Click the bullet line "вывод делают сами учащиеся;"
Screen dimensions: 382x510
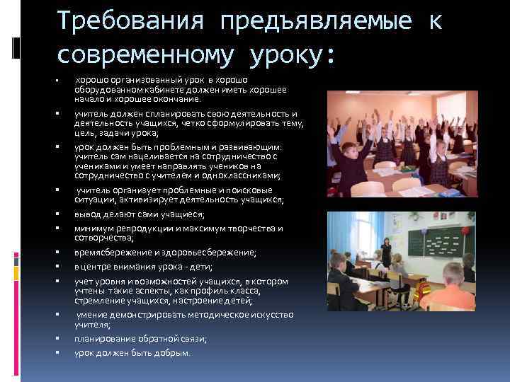coord(139,214)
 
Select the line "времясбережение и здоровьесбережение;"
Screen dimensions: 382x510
coord(166,253)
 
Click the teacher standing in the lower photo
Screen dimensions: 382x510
coord(386,251)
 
